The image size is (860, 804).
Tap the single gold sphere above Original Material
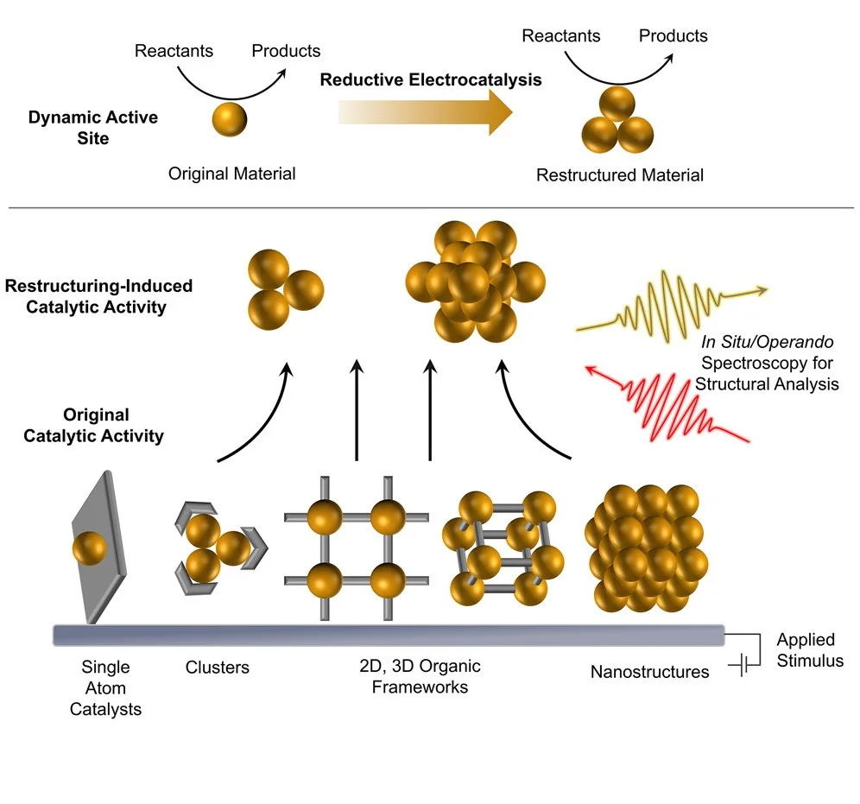(x=229, y=117)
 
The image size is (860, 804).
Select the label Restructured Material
(x=619, y=175)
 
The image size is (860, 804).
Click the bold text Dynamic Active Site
(x=92, y=127)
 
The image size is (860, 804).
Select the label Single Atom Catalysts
(x=105, y=687)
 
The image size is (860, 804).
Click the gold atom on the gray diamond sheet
(x=90, y=548)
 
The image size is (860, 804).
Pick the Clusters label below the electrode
(x=217, y=668)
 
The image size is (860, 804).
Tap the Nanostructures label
(x=649, y=671)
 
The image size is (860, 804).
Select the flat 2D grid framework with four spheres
(x=357, y=546)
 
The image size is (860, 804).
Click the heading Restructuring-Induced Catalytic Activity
(x=98, y=295)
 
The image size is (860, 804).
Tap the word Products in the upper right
(x=673, y=35)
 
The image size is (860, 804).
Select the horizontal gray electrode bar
(x=389, y=635)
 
